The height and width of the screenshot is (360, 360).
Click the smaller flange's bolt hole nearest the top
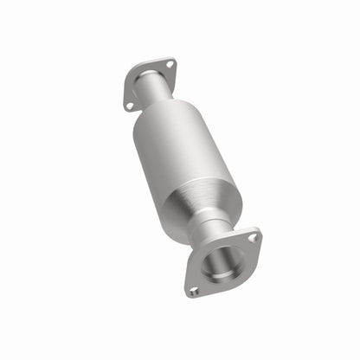[x=170, y=64]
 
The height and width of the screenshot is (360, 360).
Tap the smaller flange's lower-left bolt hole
[x=130, y=105]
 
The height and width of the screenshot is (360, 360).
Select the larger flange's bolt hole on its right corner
[x=252, y=236]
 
